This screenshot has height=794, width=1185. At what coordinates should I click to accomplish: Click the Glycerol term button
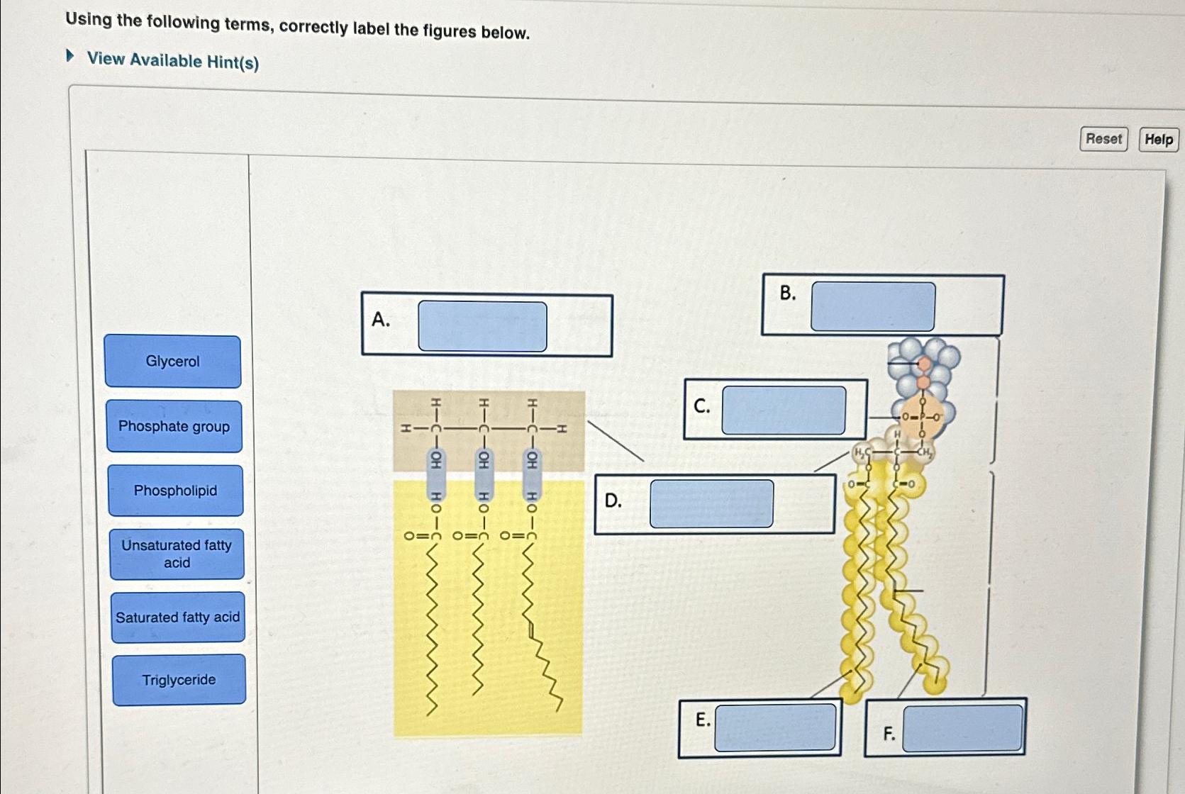click(x=172, y=362)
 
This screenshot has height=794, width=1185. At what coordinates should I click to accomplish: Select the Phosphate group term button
click(x=174, y=426)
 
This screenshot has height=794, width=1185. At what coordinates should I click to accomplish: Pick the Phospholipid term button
click(x=175, y=491)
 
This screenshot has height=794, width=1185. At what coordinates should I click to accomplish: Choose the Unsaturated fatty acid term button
click(x=177, y=554)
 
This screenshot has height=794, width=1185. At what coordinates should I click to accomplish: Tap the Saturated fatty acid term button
click(x=177, y=617)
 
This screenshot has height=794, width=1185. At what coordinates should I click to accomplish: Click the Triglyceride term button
click(x=179, y=680)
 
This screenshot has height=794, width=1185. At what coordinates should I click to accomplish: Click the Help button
click(x=1158, y=140)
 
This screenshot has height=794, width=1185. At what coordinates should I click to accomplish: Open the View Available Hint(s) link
click(x=172, y=61)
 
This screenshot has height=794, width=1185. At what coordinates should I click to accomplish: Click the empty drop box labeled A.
click(x=482, y=326)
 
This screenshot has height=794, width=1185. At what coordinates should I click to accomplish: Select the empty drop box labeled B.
click(x=872, y=306)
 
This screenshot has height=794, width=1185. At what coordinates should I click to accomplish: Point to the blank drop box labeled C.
click(x=783, y=410)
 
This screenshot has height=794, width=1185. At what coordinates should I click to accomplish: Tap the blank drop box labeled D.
click(x=711, y=503)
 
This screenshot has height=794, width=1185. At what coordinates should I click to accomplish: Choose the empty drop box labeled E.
click(x=774, y=727)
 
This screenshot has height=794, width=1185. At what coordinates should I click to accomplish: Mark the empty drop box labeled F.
click(x=962, y=728)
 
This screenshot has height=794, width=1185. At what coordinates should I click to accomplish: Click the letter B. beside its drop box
click(x=787, y=293)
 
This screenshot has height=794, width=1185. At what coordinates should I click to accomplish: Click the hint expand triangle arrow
click(x=69, y=55)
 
